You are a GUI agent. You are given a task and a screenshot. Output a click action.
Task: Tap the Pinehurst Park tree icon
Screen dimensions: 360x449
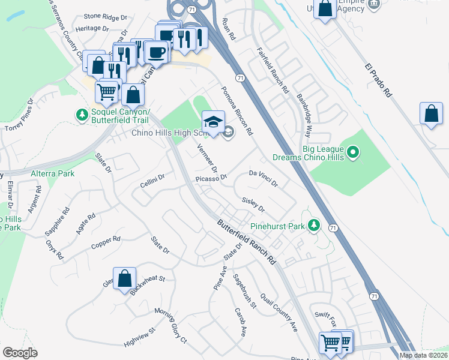(313, 226)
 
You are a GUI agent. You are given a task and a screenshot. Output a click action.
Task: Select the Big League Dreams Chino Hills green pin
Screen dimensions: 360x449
(354, 153)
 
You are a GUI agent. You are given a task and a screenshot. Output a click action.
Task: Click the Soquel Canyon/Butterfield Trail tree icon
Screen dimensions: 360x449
(81, 114)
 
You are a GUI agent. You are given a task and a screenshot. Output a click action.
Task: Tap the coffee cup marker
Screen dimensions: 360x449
(157, 52)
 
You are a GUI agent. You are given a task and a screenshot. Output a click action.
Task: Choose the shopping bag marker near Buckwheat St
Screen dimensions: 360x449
(124, 279)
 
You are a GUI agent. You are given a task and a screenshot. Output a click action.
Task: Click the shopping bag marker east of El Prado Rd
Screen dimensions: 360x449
(432, 114)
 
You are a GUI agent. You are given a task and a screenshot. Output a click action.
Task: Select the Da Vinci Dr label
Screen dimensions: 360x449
(264, 178)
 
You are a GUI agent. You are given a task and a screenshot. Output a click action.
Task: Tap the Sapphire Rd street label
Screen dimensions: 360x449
(58, 221)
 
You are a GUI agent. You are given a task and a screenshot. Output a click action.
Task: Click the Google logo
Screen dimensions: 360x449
(20, 352)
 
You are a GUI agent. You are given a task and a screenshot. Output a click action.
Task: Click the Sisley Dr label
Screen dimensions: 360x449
(253, 205)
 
